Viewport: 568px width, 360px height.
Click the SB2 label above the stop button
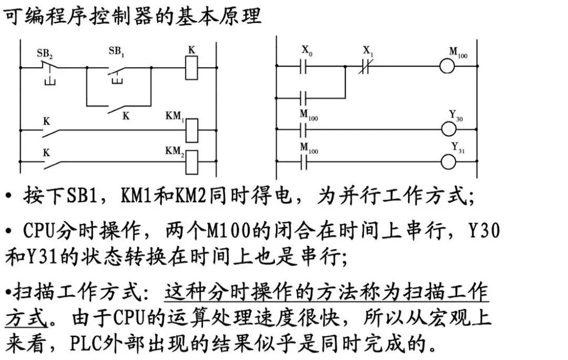45,53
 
